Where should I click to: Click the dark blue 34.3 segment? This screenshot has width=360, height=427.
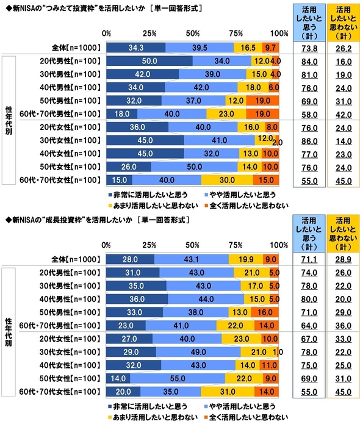(135, 46)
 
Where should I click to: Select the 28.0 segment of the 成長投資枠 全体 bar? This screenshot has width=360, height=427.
(130, 259)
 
